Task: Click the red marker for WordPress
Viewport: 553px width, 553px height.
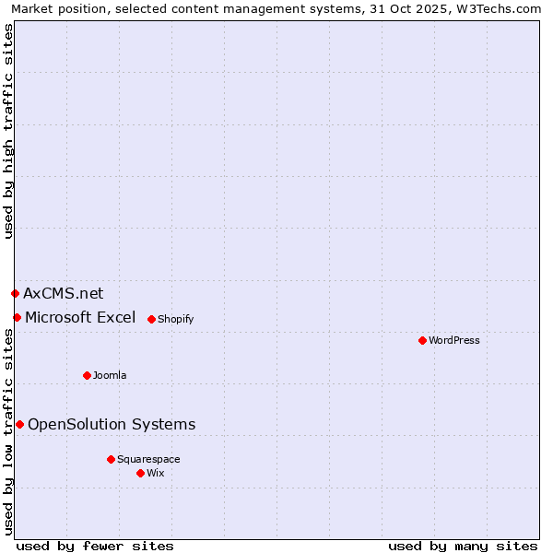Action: pos(422,340)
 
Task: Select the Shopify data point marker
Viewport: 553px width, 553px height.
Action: pos(151,319)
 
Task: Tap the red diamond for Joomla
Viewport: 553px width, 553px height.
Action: pos(87,375)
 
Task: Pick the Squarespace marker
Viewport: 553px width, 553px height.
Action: pos(111,459)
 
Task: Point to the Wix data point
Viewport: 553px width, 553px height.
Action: pos(140,473)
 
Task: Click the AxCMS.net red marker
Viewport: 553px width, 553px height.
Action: pos(15,293)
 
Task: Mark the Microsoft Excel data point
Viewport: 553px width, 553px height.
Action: pos(17,317)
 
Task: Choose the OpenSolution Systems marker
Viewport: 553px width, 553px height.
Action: pos(19,424)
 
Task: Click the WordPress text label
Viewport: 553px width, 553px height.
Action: pos(454,340)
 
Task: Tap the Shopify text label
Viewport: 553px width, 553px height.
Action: pos(175,319)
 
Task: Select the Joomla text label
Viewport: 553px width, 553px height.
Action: pos(110,375)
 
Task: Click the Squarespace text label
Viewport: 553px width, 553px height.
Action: pos(148,459)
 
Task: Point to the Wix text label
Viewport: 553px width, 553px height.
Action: pos(155,473)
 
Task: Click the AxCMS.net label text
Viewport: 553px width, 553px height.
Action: pos(63,293)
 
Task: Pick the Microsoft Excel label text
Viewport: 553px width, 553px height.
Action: pos(80,317)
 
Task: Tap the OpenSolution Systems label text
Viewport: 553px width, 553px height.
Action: pos(112,424)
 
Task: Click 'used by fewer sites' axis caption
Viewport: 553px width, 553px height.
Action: pos(95,546)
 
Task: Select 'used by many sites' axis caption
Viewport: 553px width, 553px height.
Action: pos(463,546)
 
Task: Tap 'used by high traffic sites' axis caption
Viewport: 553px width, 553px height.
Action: pos(9,131)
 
